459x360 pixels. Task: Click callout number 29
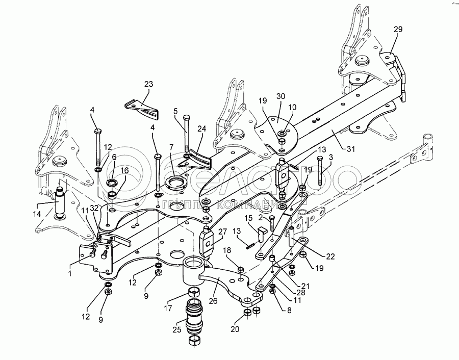pyautogui.click(x=398, y=29)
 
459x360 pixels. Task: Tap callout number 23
pyautogui.click(x=148, y=84)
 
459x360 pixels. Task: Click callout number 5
pyautogui.click(x=175, y=111)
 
